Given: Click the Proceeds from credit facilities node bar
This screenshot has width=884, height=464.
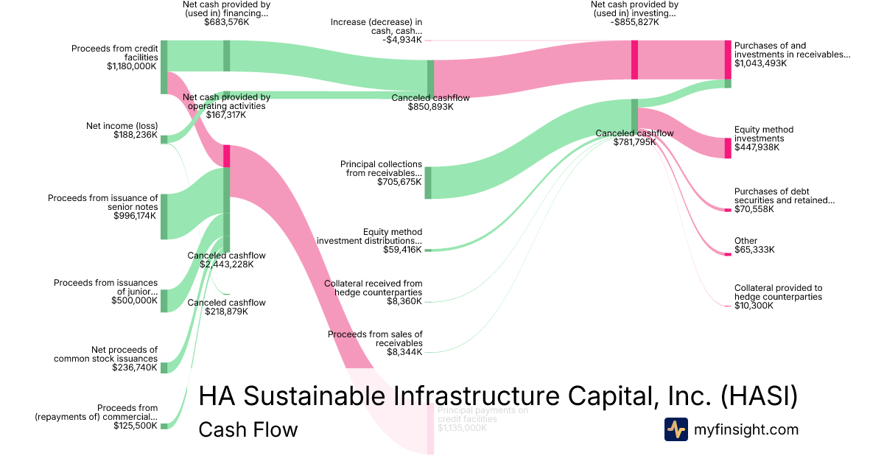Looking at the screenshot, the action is (x=164, y=67).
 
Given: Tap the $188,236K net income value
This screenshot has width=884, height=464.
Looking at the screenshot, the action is (x=136, y=135).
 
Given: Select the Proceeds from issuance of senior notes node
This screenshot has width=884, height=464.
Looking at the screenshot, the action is (x=164, y=217).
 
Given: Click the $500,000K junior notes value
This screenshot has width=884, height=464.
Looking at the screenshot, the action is (x=134, y=300).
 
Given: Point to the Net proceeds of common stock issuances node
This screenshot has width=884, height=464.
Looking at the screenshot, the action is (x=164, y=368).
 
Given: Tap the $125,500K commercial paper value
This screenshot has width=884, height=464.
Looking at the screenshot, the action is (x=135, y=425).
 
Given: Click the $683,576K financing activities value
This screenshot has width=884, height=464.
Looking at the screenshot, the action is (x=226, y=22).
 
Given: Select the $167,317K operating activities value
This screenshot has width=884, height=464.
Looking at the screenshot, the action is (x=226, y=115).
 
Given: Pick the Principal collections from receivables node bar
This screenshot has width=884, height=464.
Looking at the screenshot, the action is (x=428, y=183).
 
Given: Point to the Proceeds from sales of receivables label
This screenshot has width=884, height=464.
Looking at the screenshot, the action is (x=375, y=339).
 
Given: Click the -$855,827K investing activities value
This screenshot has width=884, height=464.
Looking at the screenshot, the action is (x=634, y=22).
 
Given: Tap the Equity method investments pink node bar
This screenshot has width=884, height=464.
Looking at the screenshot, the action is (x=728, y=147).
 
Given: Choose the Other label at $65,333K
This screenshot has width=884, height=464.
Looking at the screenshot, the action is (x=746, y=241).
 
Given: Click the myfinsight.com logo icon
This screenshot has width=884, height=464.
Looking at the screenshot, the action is (x=676, y=429).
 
